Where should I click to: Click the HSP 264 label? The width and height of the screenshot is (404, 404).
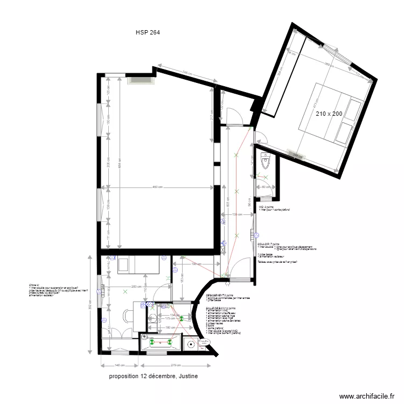(148, 32)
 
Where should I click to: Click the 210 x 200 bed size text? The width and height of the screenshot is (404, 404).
(329, 114)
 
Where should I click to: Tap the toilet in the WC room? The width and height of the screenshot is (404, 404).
(264, 160)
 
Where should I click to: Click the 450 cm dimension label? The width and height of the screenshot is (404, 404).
(157, 187)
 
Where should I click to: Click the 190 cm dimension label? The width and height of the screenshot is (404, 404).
(196, 264)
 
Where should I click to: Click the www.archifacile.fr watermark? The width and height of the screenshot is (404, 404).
(371, 395)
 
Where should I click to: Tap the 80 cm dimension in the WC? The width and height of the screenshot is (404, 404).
(264, 187)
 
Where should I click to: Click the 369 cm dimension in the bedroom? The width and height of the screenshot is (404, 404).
(329, 64)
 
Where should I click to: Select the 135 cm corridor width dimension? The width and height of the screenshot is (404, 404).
(236, 214)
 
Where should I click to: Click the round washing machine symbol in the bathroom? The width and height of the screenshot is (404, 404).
(190, 343)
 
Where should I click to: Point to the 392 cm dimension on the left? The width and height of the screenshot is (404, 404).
(90, 304)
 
